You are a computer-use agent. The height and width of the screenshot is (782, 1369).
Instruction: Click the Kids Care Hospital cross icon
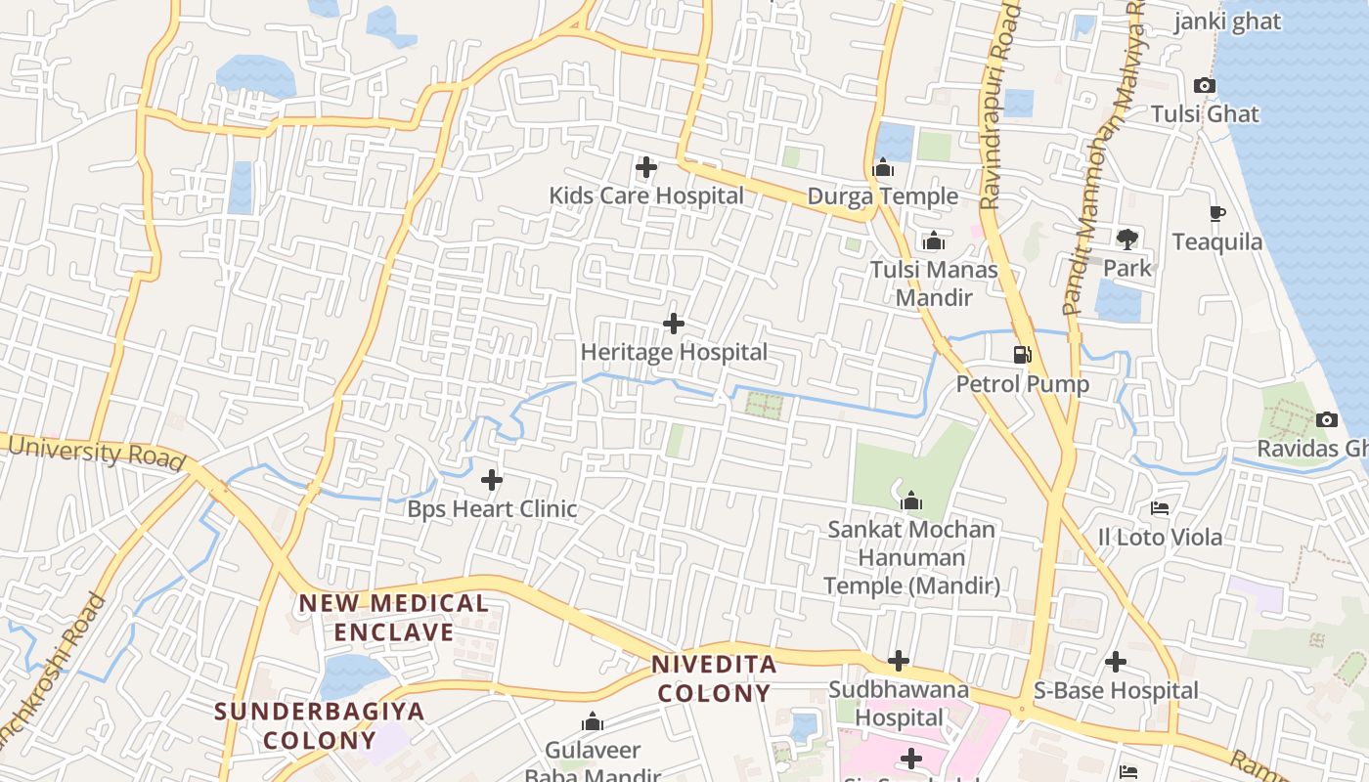646,167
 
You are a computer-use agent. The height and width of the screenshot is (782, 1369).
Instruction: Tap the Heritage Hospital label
674,352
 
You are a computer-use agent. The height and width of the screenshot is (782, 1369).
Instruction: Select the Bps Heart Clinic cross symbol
492,480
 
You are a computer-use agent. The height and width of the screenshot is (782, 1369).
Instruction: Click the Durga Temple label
882,196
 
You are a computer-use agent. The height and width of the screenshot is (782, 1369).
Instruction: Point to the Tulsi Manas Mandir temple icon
933,240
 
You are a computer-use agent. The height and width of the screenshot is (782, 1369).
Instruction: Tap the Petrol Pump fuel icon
1023,355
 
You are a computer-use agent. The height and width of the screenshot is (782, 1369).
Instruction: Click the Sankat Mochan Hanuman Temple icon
911,501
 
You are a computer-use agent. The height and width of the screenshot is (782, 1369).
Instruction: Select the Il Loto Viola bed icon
1160,508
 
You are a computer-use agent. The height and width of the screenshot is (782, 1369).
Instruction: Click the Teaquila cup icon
1216,213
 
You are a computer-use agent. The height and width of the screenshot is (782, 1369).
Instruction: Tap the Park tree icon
1127,239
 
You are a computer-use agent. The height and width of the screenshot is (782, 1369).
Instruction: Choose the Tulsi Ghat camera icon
1205,86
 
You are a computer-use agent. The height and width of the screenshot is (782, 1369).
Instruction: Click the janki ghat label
1227,22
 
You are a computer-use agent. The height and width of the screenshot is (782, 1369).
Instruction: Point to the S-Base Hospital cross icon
1116,662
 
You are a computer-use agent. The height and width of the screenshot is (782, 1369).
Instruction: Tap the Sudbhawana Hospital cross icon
899,661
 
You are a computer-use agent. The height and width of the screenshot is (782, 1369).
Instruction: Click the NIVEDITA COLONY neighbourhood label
714,679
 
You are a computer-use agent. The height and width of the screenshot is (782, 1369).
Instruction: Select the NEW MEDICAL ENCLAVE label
394,618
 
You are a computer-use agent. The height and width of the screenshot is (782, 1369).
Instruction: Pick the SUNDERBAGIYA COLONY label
319,725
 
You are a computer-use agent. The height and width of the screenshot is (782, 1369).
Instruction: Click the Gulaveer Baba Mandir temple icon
592,722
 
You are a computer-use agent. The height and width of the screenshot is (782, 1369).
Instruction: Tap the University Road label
97,452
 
